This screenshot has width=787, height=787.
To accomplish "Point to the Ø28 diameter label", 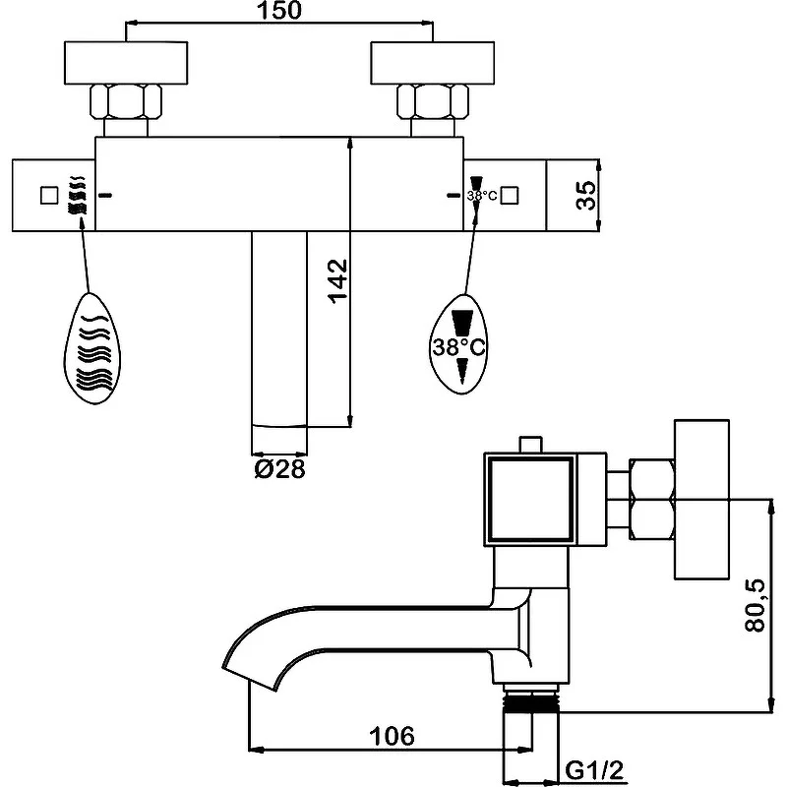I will pyautogui.click(x=279, y=469).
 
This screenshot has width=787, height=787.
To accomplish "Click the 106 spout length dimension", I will pyautogui.click(x=392, y=736).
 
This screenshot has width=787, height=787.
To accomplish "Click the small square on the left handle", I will pyautogui.click(x=48, y=195).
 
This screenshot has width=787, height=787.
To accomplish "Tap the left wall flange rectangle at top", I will pyautogui.click(x=125, y=64).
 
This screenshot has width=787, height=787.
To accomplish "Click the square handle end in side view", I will pyautogui.click(x=531, y=501).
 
